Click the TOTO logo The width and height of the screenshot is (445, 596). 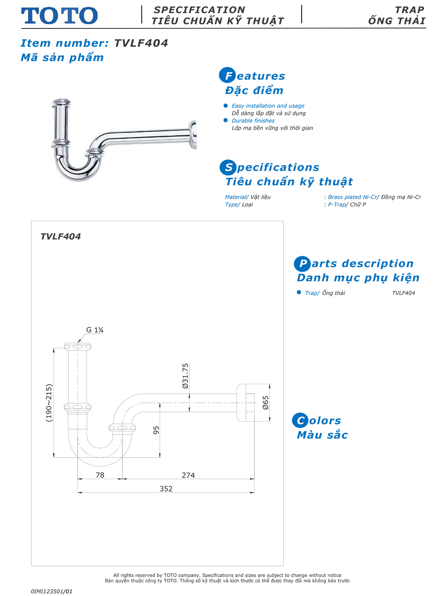point(59,16)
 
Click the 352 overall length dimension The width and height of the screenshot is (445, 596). point(166,488)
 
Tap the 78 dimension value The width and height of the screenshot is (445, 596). point(100,475)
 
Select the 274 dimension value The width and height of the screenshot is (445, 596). point(188,475)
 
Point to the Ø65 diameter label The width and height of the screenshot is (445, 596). point(265,402)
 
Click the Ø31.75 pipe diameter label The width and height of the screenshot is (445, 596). point(185,376)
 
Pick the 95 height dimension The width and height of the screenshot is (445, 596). point(156,430)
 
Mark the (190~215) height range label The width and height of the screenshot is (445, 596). point(49,403)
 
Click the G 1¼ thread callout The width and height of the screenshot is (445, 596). point(95,330)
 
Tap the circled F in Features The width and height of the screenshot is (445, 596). point(227,75)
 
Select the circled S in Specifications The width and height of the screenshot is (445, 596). point(228,167)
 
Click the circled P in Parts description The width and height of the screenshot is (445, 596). point(302,264)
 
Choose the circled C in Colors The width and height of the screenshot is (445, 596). point(300,420)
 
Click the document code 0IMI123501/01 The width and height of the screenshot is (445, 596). point(52,591)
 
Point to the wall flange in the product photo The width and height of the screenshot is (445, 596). point(192,134)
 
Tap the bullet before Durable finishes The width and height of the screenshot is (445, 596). point(225,120)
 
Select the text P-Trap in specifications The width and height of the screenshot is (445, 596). point(337,204)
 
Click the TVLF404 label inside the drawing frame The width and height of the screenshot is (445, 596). point(61,236)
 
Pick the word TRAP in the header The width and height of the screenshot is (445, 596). point(409,10)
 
